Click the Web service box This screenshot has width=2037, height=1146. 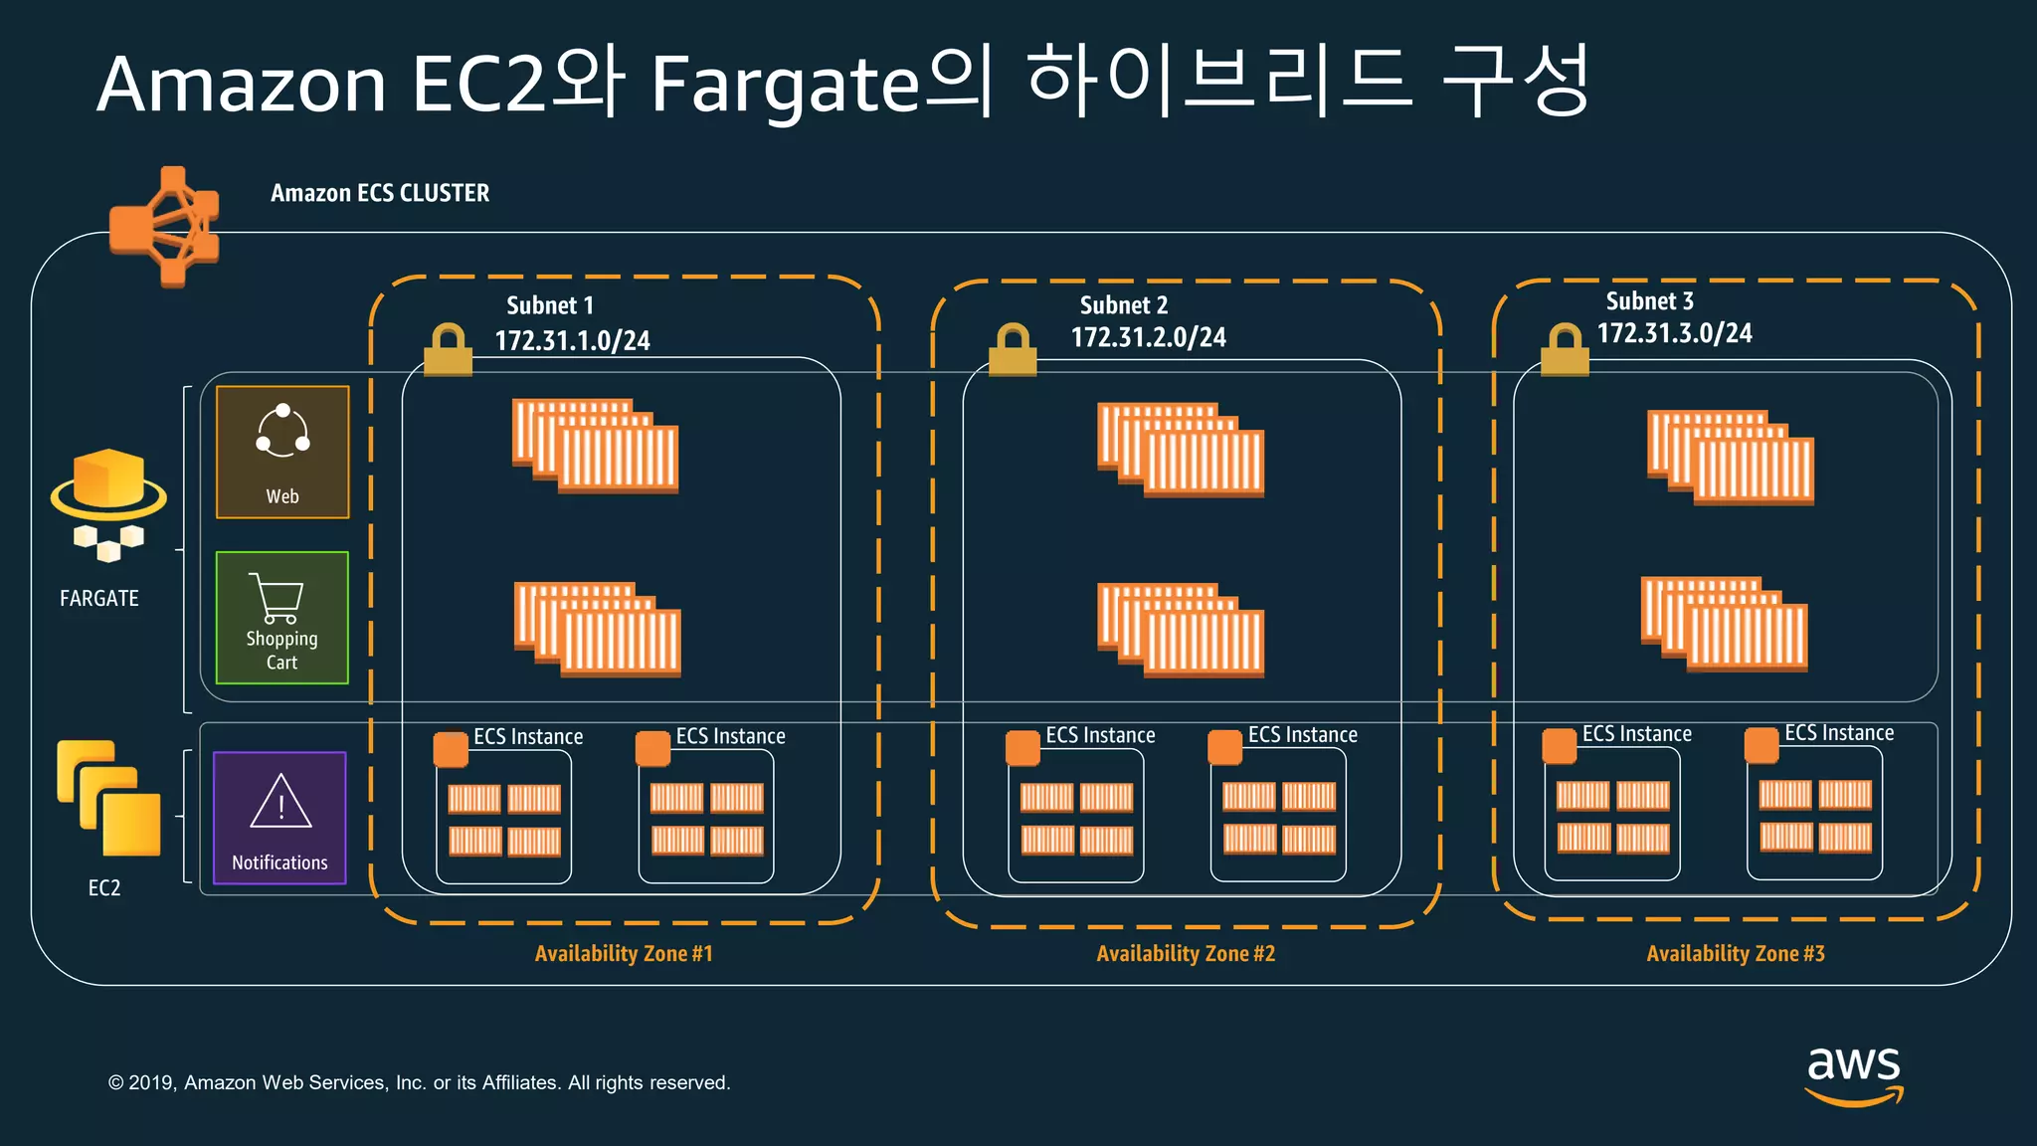point(282,452)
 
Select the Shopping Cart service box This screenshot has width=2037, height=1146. point(282,618)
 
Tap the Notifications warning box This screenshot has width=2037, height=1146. point(279,818)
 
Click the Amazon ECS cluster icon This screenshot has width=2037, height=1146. point(165,226)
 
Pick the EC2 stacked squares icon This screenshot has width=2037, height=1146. point(108,798)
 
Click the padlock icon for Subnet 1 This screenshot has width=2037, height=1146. point(448,349)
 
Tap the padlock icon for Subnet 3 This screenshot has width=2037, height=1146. point(1565,349)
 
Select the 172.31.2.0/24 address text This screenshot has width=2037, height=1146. point(1148,337)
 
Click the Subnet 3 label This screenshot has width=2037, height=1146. point(1649,300)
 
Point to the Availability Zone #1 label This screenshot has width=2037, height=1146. point(624,953)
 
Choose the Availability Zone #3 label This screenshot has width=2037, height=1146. point(1736,953)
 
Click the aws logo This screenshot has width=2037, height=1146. point(1854,1074)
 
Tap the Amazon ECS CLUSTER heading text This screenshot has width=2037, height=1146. point(380,193)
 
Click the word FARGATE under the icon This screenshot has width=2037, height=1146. point(99,598)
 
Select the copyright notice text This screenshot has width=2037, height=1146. point(419,1082)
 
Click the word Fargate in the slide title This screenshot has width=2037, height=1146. point(786,85)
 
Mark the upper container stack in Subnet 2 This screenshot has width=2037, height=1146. point(1181,449)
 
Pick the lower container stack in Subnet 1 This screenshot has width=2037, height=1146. point(597,629)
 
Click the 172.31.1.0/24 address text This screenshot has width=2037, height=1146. point(572,341)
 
